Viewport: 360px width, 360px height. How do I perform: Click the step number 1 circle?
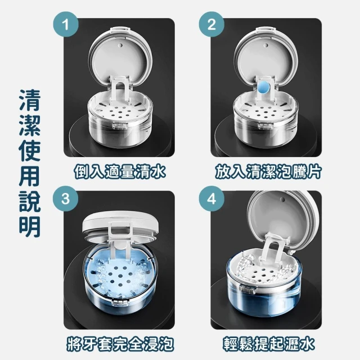click(x=66, y=24)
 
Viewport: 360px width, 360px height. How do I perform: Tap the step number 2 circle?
click(x=211, y=24)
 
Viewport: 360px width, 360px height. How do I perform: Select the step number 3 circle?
click(x=66, y=199)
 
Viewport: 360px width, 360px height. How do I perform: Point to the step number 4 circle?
click(x=211, y=199)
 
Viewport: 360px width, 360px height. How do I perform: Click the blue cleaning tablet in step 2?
click(x=263, y=87)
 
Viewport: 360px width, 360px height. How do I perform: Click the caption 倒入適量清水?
click(x=120, y=172)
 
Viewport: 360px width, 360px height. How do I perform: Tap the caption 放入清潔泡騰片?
click(x=268, y=172)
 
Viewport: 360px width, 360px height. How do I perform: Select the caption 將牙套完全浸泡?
click(x=120, y=344)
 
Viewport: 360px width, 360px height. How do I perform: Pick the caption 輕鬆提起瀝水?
click(x=268, y=344)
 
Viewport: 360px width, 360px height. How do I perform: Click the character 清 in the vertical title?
click(x=30, y=100)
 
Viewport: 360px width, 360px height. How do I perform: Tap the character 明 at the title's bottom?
click(x=30, y=227)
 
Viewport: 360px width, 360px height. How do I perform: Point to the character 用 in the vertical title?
click(x=30, y=176)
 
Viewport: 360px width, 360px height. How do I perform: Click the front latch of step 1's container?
click(x=120, y=126)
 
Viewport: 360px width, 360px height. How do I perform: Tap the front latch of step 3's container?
click(x=119, y=303)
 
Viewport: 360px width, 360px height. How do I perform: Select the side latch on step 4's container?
click(x=247, y=289)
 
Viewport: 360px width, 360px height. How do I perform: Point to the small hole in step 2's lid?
click(x=267, y=45)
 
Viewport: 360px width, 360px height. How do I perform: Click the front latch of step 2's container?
click(x=265, y=126)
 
